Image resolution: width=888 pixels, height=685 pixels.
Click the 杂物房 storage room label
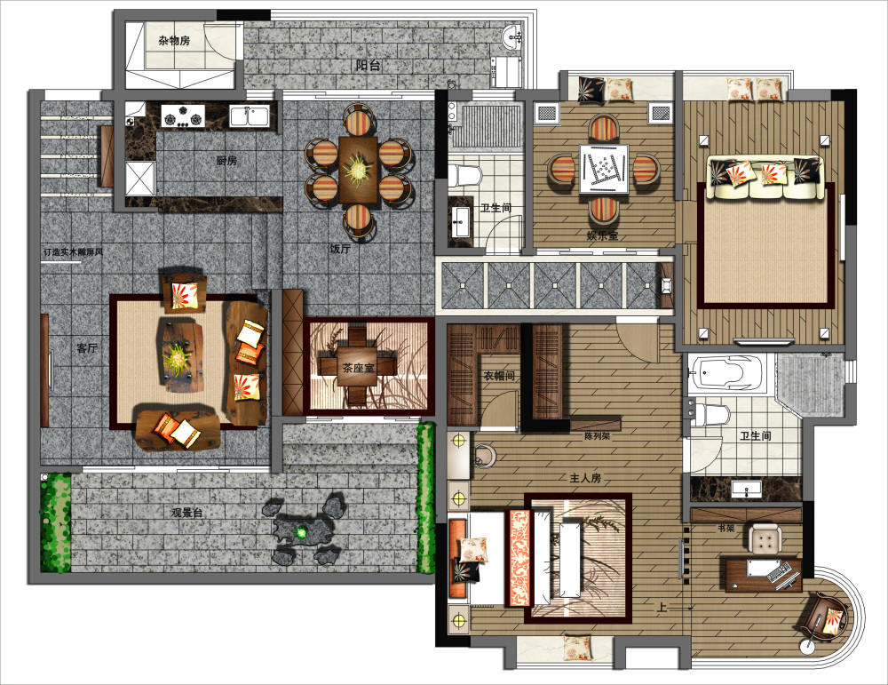(x=174, y=40)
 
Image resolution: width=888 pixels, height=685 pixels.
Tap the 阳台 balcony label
(x=369, y=65)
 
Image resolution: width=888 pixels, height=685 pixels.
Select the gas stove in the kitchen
(x=182, y=115)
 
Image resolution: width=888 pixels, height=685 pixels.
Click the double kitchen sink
(x=250, y=115)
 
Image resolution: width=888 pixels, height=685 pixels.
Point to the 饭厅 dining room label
(x=340, y=249)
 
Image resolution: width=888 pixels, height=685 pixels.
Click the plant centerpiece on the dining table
(x=359, y=167)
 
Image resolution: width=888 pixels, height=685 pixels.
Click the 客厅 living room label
(x=87, y=348)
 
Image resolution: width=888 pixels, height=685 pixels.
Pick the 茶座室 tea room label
(x=358, y=368)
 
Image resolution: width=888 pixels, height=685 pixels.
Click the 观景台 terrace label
(x=186, y=513)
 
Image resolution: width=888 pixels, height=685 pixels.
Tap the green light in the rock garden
(x=302, y=532)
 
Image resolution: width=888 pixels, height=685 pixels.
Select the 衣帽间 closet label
(x=499, y=376)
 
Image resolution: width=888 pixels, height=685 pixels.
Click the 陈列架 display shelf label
(x=598, y=436)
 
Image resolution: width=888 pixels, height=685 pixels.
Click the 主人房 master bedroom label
(x=585, y=478)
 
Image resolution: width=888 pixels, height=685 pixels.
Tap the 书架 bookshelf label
(x=726, y=528)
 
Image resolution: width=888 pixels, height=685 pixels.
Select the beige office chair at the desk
(x=765, y=538)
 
